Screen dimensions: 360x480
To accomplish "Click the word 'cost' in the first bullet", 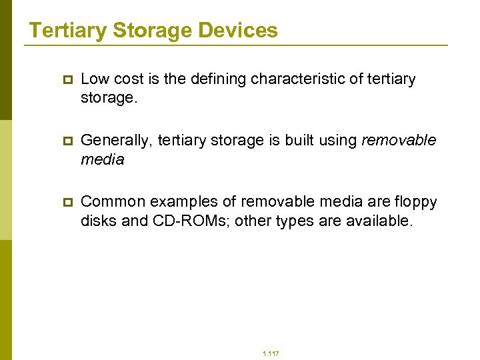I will [x=129, y=79].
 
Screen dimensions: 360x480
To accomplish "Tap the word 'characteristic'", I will [x=306, y=79].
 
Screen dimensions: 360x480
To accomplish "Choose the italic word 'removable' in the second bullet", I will [x=398, y=141].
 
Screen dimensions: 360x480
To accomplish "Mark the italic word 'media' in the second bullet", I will [x=102, y=160].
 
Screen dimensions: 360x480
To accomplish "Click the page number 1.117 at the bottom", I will [x=271, y=354].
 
